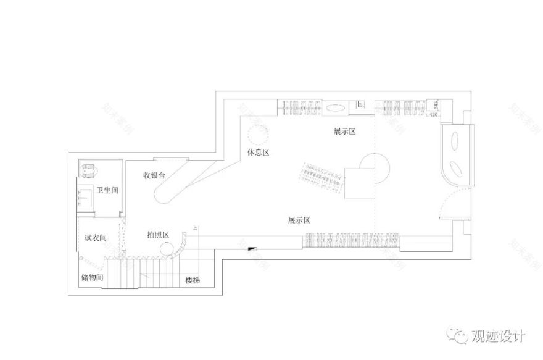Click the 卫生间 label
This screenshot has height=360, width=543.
(x=107, y=190)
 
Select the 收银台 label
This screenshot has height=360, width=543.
(x=154, y=175)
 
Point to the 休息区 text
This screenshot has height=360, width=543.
(x=259, y=152)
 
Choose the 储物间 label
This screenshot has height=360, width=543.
(x=91, y=278)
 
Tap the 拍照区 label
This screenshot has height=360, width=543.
(x=159, y=235)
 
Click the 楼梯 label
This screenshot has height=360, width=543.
(x=193, y=280)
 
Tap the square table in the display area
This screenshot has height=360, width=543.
(x=359, y=183)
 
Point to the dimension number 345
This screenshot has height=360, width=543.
(x=436, y=105)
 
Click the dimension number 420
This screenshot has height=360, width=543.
(x=433, y=114)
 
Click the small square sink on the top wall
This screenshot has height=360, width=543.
(x=360, y=105)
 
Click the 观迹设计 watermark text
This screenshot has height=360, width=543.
(x=497, y=337)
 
